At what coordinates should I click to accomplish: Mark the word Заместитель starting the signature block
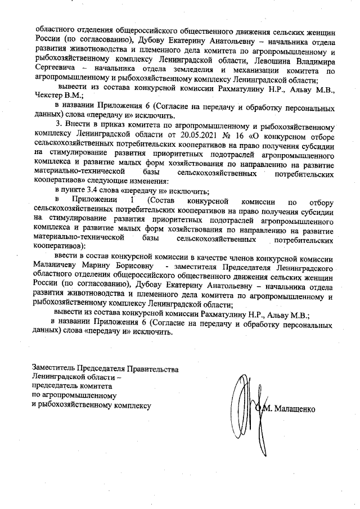[x=53, y=368]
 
